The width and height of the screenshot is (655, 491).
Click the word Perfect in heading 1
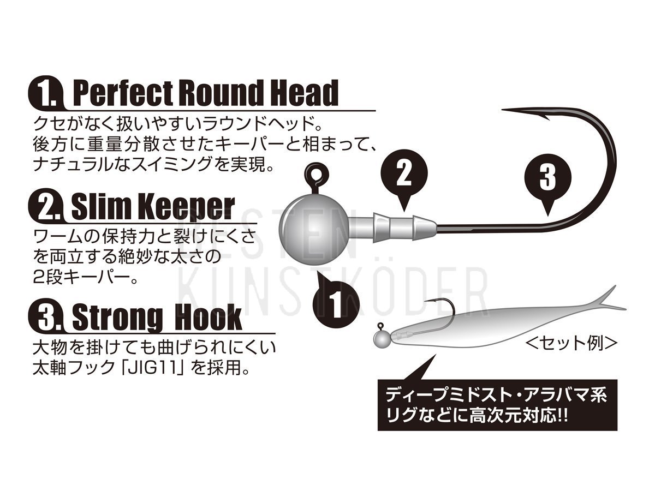123,93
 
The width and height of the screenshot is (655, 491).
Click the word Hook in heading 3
208,317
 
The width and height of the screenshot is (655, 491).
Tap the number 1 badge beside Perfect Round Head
46,93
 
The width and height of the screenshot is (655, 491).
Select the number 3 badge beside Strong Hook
46,317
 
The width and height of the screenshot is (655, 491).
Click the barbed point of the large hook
525,113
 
